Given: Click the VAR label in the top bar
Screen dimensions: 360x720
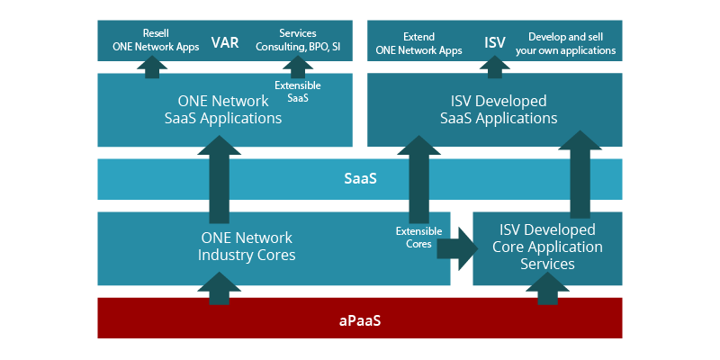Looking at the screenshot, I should pyautogui.click(x=225, y=42).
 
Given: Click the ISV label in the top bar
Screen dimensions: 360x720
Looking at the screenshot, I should pyautogui.click(x=495, y=42).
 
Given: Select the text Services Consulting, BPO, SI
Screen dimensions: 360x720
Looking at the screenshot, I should pyautogui.click(x=297, y=40).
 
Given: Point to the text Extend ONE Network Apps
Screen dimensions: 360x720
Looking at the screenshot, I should pyautogui.click(x=418, y=43).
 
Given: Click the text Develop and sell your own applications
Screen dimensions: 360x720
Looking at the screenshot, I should pyautogui.click(x=565, y=43).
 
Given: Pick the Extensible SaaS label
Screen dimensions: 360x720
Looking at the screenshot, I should pyautogui.click(x=298, y=91).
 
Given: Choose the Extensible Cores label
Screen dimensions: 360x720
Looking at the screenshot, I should pyautogui.click(x=414, y=238).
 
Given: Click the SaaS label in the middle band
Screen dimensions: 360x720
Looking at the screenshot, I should pyautogui.click(x=360, y=178).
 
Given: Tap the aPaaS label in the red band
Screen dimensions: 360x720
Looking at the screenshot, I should pyautogui.click(x=360, y=319).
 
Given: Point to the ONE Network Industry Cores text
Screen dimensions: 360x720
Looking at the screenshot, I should pyautogui.click(x=247, y=247).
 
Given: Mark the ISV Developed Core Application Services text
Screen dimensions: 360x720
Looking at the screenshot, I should pyautogui.click(x=547, y=247).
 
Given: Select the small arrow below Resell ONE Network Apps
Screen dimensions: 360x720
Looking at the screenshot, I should pyautogui.click(x=152, y=66).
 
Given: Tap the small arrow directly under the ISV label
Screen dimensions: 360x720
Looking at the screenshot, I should pyautogui.click(x=494, y=66).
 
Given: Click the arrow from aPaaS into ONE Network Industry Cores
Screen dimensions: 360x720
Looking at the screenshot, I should pyautogui.click(x=219, y=289).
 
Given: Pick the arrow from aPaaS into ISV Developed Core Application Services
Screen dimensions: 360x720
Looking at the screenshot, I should pyautogui.click(x=548, y=289).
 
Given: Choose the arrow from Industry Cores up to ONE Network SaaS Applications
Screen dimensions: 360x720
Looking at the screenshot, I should pyautogui.click(x=219, y=180).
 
